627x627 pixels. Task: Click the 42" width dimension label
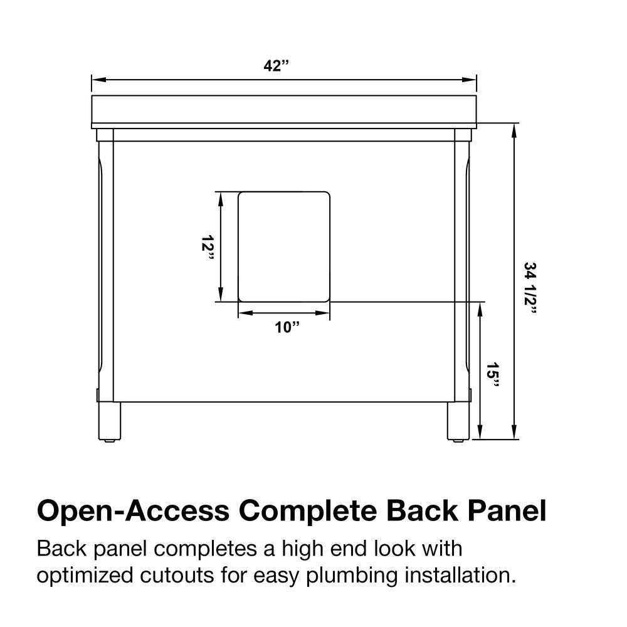[x=276, y=66]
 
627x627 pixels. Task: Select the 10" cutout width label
[x=287, y=328]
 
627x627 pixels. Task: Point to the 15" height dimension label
[x=493, y=376]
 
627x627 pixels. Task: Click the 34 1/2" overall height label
[x=530, y=288]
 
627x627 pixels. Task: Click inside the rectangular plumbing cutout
[x=284, y=246]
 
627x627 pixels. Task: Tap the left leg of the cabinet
[x=110, y=421]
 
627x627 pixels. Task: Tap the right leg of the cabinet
[x=458, y=421]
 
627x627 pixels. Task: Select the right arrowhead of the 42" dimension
[x=470, y=80]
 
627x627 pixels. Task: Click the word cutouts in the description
[x=177, y=576]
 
